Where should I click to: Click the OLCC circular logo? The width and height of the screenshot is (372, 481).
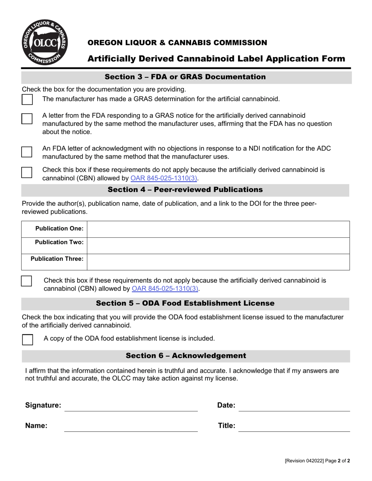pos(44,42)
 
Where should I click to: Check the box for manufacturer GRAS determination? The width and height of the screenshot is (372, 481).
pos(27,99)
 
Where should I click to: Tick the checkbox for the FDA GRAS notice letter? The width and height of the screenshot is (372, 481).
pos(27,119)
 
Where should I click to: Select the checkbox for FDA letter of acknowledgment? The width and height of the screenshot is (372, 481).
pos(27,152)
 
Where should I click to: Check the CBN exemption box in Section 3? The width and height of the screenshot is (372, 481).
pos(27,172)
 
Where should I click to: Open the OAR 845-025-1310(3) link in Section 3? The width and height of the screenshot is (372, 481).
pos(164,178)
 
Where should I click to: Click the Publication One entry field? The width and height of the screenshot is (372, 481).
pos(218,229)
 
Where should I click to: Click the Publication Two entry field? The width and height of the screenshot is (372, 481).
pos(218,245)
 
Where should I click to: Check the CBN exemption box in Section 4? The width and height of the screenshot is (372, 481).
pos(27,281)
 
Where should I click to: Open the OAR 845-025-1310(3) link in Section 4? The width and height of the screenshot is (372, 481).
pos(165,289)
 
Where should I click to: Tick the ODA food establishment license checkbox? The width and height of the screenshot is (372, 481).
pos(27,339)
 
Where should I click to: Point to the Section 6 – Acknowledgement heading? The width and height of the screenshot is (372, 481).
pos(186,355)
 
